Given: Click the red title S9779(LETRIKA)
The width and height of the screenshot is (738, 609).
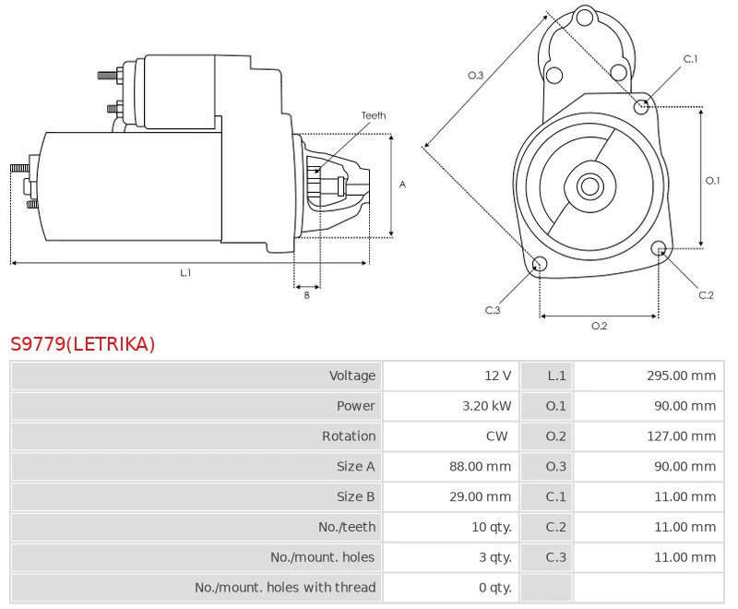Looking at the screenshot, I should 83,344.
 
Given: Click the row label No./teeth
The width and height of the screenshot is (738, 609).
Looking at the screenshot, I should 347,527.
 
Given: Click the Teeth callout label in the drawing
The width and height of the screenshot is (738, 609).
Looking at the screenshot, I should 374,115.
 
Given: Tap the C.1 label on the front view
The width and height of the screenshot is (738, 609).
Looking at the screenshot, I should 690,59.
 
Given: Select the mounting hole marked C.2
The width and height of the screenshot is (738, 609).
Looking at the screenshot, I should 659,248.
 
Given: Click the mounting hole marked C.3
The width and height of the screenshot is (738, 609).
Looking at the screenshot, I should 541,265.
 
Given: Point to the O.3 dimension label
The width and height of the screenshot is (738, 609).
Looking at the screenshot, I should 476,75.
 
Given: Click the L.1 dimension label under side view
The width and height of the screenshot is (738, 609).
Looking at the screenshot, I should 185,272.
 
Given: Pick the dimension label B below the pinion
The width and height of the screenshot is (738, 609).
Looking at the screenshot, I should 307,295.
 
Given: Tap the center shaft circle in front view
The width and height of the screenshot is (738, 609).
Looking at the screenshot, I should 589,186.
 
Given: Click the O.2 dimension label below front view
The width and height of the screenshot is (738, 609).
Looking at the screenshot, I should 599,326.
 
